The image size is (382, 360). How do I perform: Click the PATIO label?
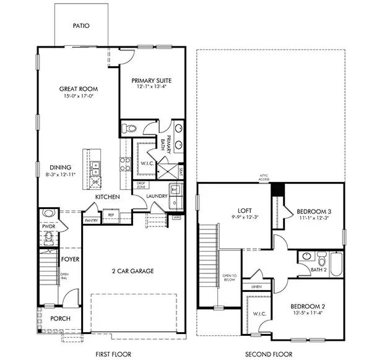click(x=81, y=26)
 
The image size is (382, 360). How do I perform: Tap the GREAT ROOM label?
click(x=78, y=89)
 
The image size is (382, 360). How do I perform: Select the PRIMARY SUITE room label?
click(x=151, y=80)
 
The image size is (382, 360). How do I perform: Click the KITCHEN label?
click(x=106, y=197)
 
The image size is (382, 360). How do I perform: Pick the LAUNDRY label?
click(x=156, y=197)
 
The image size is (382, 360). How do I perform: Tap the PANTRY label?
click(x=91, y=220)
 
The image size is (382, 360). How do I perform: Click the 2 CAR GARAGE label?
click(x=132, y=271)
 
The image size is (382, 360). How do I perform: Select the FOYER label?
click(x=70, y=259)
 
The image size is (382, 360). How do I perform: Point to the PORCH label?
click(x=60, y=319)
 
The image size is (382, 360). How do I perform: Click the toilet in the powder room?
click(x=49, y=215)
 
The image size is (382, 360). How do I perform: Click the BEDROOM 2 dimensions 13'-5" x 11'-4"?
click(x=307, y=313)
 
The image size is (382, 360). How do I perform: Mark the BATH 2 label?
click(x=318, y=270)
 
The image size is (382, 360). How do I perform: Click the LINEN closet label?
click(x=256, y=287)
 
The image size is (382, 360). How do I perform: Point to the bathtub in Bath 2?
click(x=336, y=264)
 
